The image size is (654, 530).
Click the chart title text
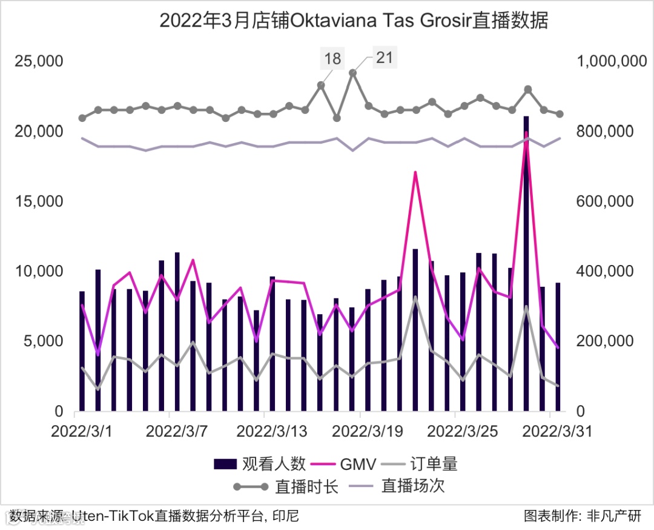coord(354,21)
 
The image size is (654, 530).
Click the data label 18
coord(332,59)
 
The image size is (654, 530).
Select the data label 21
coord(385,58)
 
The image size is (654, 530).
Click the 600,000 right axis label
coord(606,201)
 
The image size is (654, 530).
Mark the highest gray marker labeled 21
coord(352,73)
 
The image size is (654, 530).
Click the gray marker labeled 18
coord(321,86)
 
